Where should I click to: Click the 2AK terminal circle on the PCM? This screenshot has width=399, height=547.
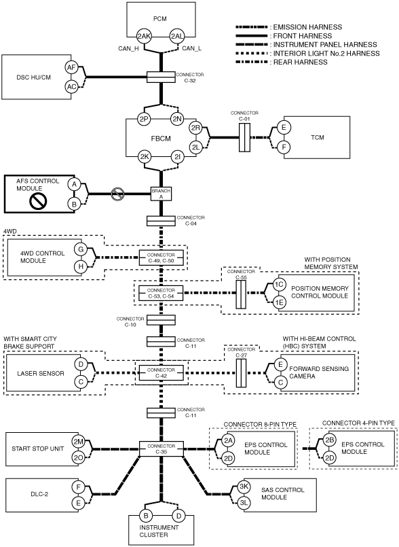tap(144, 36)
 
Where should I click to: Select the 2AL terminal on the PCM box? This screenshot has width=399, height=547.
tap(177, 36)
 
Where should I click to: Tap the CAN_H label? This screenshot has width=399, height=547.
tap(128, 48)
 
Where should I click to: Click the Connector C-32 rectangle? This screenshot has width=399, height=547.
tap(161, 77)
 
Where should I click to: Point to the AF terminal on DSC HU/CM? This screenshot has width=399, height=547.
tap(71, 68)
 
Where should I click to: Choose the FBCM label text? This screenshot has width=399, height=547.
tap(161, 139)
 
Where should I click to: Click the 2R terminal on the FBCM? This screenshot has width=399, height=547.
tap(195, 128)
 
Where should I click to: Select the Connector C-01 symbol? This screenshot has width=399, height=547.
tap(244, 137)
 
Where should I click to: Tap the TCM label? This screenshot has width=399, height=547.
tap(317, 137)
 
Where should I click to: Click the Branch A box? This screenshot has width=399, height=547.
tap(161, 194)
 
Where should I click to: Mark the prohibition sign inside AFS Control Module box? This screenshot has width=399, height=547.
tap(38, 200)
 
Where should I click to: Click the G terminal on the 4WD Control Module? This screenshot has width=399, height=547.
tap(81, 249)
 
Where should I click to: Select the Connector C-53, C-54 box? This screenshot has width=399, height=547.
tap(161, 293)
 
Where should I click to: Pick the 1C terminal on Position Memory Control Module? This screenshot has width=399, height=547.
tap(278, 285)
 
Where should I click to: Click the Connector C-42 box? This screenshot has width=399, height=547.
tap(161, 373)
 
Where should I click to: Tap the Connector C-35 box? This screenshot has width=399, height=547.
tap(161, 448)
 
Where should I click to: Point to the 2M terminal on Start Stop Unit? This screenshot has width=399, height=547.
tap(79, 441)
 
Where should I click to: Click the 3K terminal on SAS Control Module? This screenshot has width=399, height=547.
tap(243, 487)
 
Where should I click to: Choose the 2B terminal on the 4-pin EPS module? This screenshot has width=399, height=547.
tap(329, 440)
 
